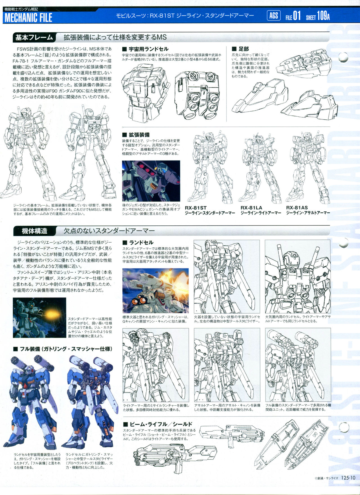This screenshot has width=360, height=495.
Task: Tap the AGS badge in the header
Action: click(273, 15)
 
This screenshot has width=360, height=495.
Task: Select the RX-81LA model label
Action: click(251, 208)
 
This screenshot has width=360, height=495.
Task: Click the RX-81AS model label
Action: click(297, 208)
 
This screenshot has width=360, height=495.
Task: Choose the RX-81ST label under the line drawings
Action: click(196, 208)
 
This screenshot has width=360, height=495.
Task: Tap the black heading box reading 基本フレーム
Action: click(34, 37)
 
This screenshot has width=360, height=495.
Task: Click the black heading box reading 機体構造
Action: click(34, 231)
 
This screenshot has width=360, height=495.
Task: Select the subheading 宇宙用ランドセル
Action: click(145, 49)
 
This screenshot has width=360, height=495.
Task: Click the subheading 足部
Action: click(240, 49)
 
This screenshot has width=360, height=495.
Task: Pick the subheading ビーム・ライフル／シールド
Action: click(157, 424)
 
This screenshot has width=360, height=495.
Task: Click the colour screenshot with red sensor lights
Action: click(151, 181)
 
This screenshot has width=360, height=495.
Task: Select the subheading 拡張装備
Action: click(136, 135)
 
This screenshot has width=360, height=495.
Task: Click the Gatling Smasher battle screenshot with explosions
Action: click(156, 291)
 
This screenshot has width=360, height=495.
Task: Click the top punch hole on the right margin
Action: click(344, 57)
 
